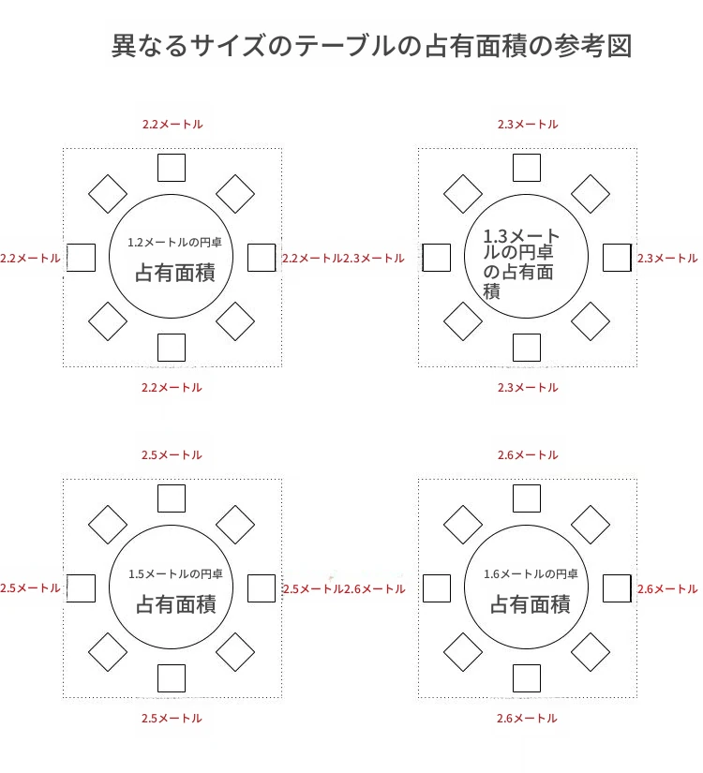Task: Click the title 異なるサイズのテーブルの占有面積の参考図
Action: [x=371, y=46]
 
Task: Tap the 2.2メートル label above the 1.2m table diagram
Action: [x=172, y=125]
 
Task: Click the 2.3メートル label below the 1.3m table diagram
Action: [x=528, y=388]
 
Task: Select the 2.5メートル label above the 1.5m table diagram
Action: [x=172, y=455]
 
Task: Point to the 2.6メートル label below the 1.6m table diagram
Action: [x=527, y=719]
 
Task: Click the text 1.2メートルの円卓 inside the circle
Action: [x=174, y=242]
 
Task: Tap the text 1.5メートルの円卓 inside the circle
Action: [x=175, y=573]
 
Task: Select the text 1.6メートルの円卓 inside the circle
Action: [x=531, y=573]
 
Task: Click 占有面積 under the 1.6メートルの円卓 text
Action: [x=531, y=604]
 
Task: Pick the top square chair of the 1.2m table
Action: [x=172, y=168]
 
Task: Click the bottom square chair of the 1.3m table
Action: [x=527, y=348]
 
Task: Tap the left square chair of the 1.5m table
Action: [x=81, y=588]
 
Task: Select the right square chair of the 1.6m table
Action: [x=617, y=588]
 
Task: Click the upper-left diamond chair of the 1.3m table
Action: [x=463, y=194]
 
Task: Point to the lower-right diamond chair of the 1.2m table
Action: [x=235, y=321]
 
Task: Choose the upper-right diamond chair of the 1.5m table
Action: [x=235, y=525]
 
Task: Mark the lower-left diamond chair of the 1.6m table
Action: [x=463, y=652]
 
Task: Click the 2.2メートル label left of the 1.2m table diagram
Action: [x=30, y=259]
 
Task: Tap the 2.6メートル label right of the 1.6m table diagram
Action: [x=667, y=589]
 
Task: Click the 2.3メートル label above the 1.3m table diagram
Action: [x=528, y=125]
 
